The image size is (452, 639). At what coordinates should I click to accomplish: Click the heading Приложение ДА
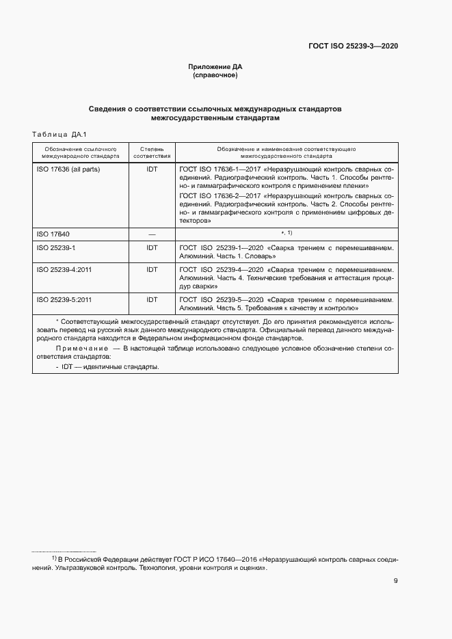coord(215,66)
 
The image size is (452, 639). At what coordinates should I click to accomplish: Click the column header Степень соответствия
coord(152,152)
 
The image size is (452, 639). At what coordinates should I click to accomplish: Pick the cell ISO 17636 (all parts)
coord(68,168)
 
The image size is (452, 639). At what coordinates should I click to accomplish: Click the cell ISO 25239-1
coord(55,248)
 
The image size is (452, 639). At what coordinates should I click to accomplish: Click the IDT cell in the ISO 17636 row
coord(152,168)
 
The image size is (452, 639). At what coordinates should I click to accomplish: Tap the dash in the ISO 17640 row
coord(152,234)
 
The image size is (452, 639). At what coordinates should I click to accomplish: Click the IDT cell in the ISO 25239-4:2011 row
coord(152,270)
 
